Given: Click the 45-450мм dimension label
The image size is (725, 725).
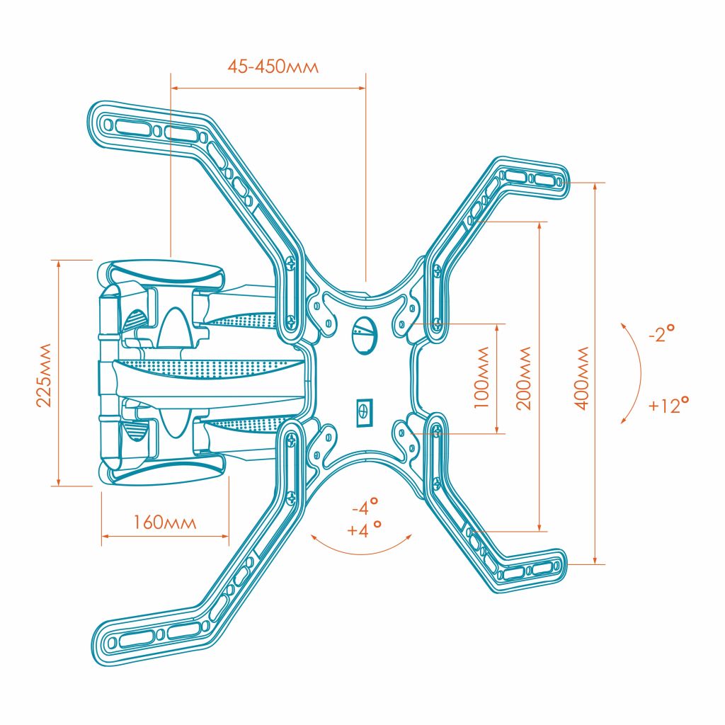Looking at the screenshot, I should click(273, 67).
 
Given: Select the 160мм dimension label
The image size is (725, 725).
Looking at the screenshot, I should click(164, 523).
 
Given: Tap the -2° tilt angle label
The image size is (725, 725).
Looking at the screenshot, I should click(660, 333).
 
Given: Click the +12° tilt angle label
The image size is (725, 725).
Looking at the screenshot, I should click(668, 406).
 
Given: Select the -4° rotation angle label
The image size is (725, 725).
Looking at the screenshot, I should click(365, 507).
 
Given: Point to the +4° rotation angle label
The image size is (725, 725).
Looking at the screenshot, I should click(365, 530).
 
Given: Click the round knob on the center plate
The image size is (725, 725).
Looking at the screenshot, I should click(364, 331).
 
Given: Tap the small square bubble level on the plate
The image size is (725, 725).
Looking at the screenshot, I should click(363, 412).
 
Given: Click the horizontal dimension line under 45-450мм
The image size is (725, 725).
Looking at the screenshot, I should click(268, 88).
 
